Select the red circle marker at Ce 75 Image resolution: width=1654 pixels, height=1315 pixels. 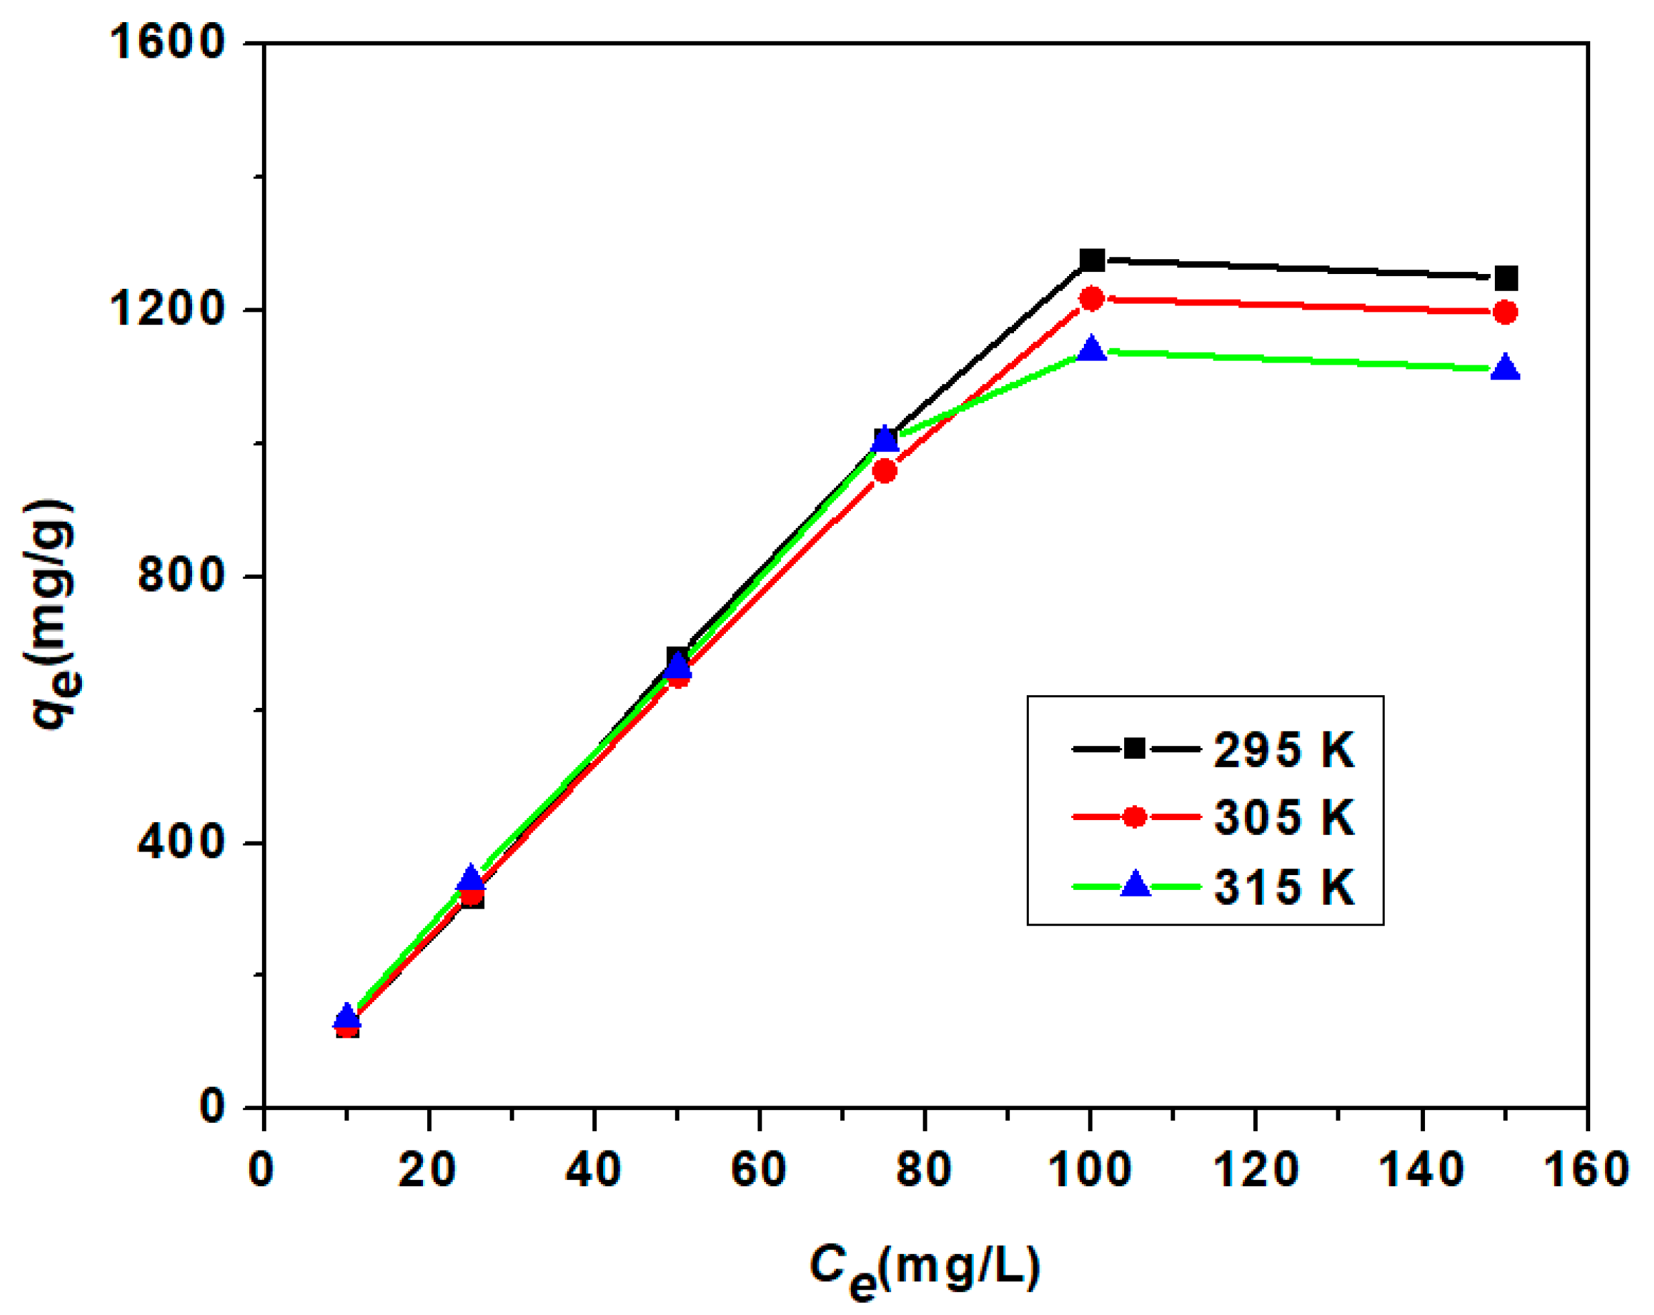click(x=884, y=470)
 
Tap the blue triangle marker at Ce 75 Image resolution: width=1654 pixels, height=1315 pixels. click(x=884, y=439)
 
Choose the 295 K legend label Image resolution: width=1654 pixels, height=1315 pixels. click(x=1283, y=750)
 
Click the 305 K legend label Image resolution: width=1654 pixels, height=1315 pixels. click(x=1283, y=817)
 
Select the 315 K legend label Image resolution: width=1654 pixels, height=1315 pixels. click(x=1283, y=888)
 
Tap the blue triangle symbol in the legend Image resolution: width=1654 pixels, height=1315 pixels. click(x=1136, y=886)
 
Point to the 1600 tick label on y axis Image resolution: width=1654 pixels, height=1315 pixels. click(x=167, y=42)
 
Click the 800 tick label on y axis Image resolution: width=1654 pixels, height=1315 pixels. click(x=181, y=575)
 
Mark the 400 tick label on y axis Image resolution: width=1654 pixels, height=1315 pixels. click(x=181, y=842)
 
